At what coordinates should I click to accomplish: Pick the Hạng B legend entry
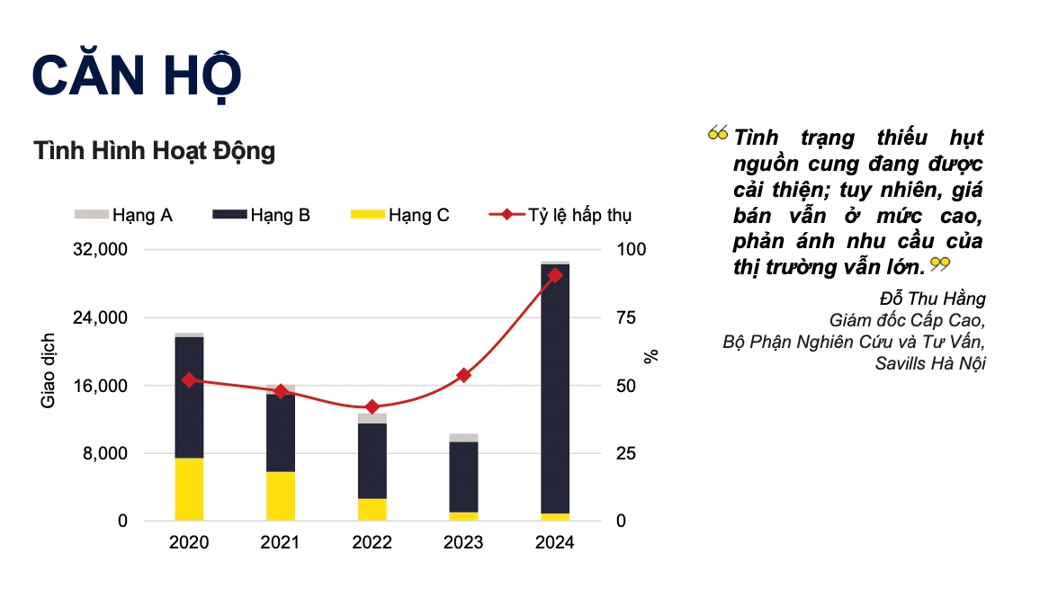(x=262, y=215)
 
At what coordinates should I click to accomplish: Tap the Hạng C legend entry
(x=399, y=215)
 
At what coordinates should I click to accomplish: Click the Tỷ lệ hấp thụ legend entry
(x=560, y=215)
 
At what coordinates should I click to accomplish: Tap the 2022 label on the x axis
(x=372, y=542)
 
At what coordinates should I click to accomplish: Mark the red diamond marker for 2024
(x=554, y=275)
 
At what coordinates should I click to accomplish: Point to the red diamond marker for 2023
(x=463, y=375)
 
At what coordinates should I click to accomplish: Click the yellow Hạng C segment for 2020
(x=189, y=489)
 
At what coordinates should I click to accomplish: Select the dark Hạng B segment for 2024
(x=554, y=387)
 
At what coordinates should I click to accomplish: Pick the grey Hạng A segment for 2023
(x=463, y=438)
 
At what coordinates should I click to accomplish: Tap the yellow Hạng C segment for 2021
(x=281, y=495)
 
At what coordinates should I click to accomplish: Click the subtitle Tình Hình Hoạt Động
(x=154, y=151)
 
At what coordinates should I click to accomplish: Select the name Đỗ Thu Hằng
(x=932, y=298)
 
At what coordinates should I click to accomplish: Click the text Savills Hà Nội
(x=930, y=364)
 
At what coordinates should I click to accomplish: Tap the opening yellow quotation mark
(x=717, y=134)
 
